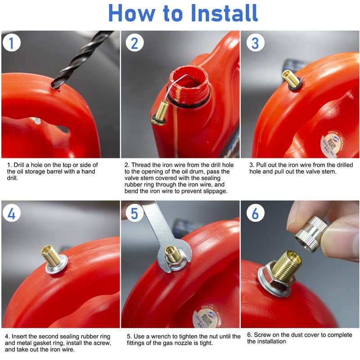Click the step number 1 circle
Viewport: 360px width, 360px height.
coord(12,43)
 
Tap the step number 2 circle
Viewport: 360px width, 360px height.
coord(135,43)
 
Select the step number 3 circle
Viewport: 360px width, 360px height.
coord(255,43)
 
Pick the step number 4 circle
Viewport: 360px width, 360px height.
coord(12,213)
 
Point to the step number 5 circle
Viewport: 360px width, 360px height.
coord(135,213)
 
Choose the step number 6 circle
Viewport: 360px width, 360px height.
coord(255,213)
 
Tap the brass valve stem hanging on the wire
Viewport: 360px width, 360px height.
coord(161,112)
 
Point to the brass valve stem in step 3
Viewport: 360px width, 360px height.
coord(291,79)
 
